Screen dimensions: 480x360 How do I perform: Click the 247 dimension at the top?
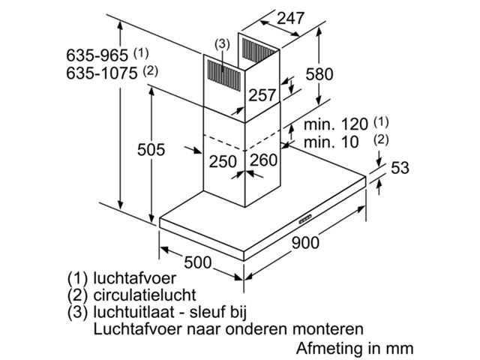coord(290,19)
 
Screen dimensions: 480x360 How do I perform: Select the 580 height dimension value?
coord(319,74)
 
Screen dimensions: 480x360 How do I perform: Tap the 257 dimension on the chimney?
coord(262,95)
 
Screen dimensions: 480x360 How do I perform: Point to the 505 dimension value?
coord(151,150)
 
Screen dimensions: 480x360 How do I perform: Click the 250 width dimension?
coord(223,162)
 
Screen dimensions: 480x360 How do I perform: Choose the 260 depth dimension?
coord(263,160)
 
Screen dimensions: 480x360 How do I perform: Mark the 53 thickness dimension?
coord(400,168)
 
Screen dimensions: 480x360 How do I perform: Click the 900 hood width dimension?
coord(305,243)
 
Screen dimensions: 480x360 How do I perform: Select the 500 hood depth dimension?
coord(198,262)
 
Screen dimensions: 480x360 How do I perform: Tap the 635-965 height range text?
coord(97,55)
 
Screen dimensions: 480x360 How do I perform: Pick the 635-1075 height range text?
coord(102,73)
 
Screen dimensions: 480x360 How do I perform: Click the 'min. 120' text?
coord(335,124)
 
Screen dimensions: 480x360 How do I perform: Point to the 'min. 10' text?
coord(331,142)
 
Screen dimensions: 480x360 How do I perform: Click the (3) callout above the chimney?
coord(222,43)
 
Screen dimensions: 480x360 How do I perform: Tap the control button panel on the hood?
coord(305,219)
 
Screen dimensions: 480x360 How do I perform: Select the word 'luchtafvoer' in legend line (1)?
coord(135,278)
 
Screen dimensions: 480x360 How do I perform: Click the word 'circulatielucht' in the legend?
coord(145,295)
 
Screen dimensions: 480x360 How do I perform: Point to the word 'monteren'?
coord(328,329)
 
